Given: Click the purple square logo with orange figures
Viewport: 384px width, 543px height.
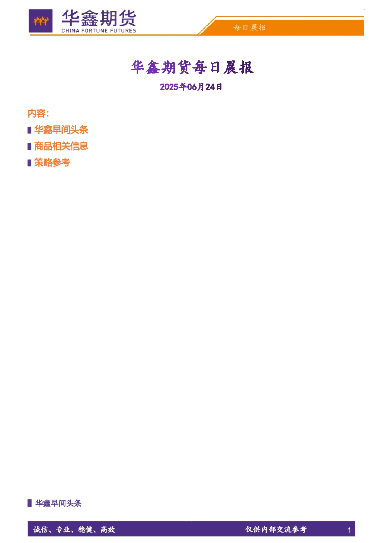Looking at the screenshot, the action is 41,21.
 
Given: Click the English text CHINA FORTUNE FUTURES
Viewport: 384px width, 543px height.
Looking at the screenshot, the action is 99,31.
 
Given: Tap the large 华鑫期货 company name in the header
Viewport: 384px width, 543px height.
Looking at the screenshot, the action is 99,18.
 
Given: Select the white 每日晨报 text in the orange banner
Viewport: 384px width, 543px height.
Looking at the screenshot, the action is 250,27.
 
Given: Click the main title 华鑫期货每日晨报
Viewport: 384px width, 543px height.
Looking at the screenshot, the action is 192,67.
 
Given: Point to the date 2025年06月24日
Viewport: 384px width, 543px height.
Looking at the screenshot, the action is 191,87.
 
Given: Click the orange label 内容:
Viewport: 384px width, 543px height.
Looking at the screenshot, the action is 38,113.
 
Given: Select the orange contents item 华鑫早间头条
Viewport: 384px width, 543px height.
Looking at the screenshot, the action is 61,130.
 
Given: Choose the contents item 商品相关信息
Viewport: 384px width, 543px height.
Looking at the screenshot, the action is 61,146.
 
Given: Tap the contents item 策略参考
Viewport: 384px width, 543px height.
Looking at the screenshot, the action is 52,163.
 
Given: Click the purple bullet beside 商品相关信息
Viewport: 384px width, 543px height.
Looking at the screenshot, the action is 29,146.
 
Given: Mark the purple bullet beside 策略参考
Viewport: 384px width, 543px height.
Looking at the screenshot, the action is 29,163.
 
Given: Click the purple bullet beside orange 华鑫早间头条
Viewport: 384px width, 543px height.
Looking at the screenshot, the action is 29,130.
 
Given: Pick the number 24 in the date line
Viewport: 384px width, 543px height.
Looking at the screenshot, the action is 210,87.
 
